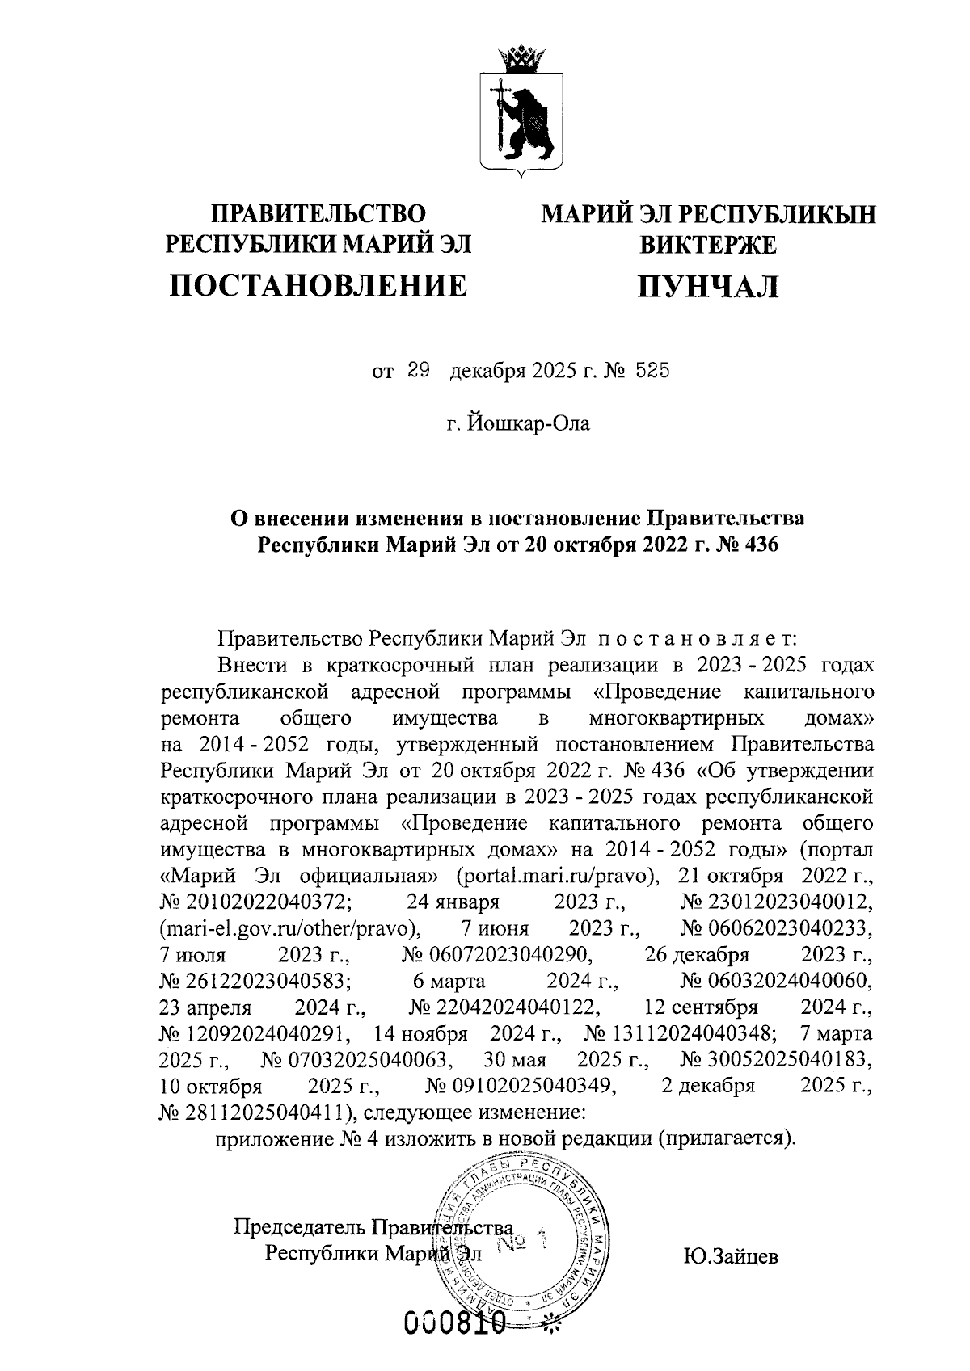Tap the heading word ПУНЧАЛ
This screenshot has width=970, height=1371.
click(x=708, y=287)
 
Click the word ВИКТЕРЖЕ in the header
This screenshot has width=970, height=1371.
click(x=708, y=244)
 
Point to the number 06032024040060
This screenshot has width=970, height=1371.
click(x=776, y=981)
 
